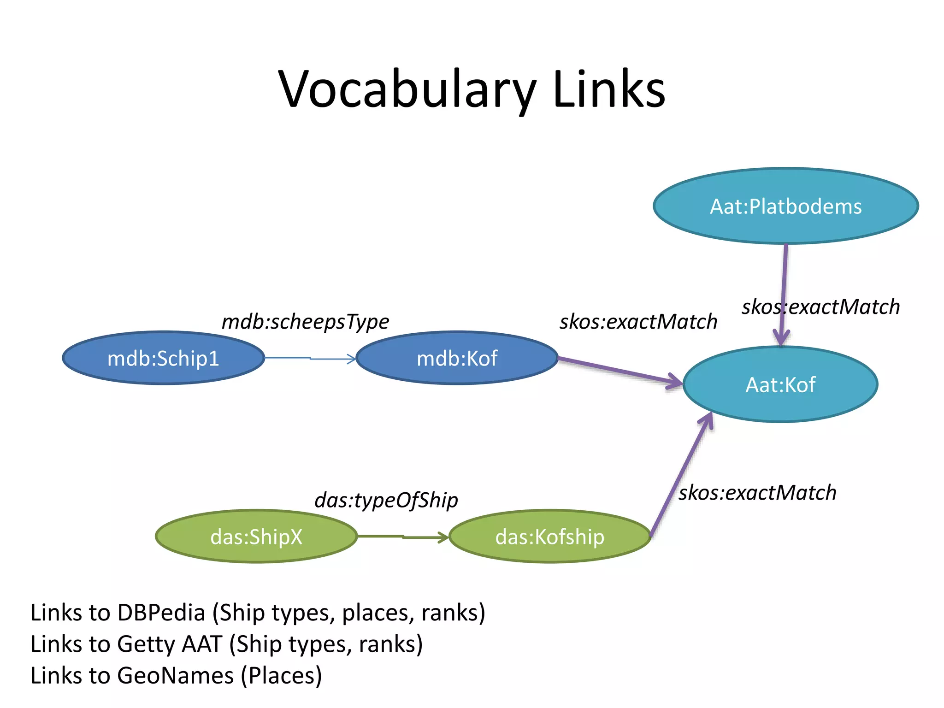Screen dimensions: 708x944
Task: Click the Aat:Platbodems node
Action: coord(785,206)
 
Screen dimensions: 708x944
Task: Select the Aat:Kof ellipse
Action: coord(780,384)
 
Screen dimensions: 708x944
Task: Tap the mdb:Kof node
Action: coord(457,358)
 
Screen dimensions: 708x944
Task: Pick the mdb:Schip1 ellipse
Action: coord(163,358)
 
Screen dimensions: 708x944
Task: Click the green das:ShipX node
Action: coord(256,537)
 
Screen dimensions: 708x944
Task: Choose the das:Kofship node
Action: coord(549,537)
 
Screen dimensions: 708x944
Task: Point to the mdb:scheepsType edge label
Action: coord(305,322)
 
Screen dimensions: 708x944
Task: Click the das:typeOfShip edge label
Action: coord(386,500)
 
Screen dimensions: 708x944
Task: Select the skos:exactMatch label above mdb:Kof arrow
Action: coord(638,322)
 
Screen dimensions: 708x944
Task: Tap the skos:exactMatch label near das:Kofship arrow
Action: coord(757,493)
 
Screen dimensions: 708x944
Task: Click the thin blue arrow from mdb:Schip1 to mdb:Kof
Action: coord(310,358)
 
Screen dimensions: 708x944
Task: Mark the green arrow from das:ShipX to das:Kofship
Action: coord(402,537)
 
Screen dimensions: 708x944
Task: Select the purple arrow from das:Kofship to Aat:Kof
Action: coord(681,475)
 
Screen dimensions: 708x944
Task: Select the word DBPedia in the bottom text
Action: coord(161,613)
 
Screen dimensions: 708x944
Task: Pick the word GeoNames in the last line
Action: coord(175,675)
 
